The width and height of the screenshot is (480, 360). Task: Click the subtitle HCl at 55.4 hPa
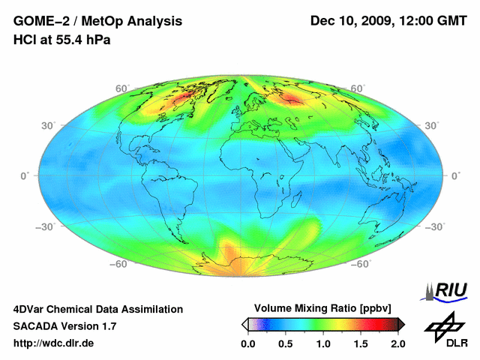click(x=62, y=39)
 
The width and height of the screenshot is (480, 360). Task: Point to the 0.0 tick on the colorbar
click(x=248, y=343)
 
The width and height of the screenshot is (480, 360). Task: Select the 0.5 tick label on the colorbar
click(x=286, y=343)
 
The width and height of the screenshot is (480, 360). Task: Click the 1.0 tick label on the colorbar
click(x=323, y=343)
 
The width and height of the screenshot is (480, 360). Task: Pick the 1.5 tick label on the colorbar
click(x=361, y=343)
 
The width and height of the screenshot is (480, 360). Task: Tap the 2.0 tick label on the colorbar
click(x=397, y=343)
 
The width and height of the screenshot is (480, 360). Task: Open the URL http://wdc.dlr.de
click(x=54, y=344)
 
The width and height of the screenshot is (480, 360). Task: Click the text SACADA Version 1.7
click(x=64, y=326)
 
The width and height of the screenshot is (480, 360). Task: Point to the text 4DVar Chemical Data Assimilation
click(x=97, y=309)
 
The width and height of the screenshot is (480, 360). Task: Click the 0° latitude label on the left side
click(x=25, y=175)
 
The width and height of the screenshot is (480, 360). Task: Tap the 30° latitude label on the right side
click(x=433, y=125)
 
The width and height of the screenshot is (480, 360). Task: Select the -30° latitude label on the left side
click(x=44, y=226)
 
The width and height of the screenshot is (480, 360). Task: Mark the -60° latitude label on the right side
click(x=363, y=264)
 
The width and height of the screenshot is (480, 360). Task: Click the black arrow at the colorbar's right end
click(x=401, y=324)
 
